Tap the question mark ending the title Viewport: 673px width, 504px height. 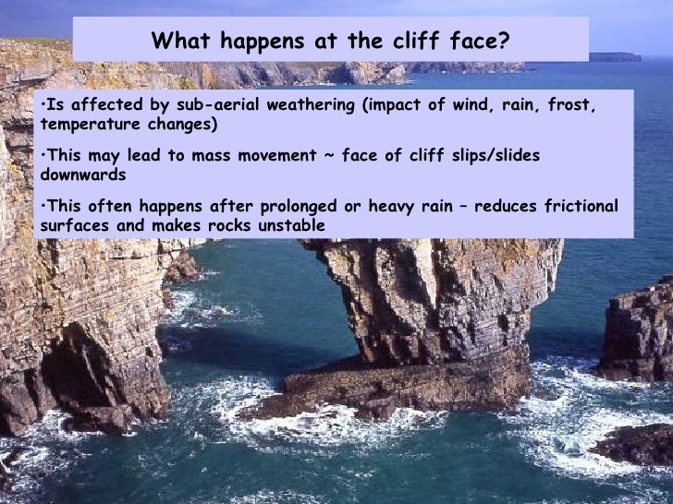(505, 41)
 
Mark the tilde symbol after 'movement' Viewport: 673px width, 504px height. (329, 155)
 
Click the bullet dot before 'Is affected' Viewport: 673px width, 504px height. (44, 105)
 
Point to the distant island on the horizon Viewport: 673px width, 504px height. (614, 57)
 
